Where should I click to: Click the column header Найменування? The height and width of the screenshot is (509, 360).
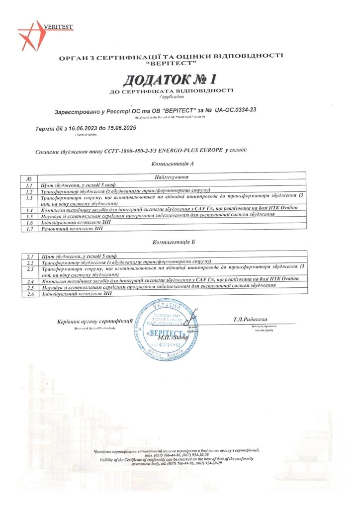(x=171, y=177)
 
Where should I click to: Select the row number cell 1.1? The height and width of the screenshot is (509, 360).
(x=29, y=184)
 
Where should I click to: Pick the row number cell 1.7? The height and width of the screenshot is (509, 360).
(x=29, y=229)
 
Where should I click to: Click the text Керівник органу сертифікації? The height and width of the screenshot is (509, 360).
(x=95, y=321)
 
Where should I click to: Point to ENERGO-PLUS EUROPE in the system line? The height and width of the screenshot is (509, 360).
(x=193, y=150)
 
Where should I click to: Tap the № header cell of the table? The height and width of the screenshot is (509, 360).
(x=29, y=177)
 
